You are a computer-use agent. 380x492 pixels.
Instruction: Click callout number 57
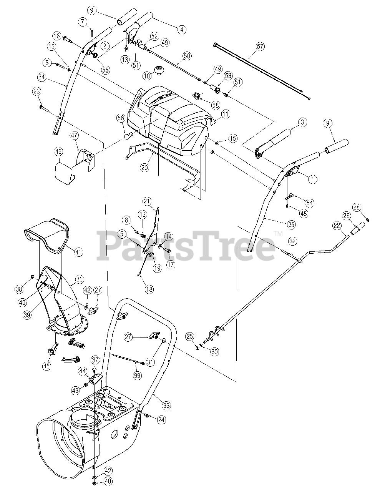click(x=260, y=47)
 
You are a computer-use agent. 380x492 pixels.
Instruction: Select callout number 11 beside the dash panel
click(x=225, y=113)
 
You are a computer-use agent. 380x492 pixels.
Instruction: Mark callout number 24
click(x=161, y=420)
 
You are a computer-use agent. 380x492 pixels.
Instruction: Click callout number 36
click(x=80, y=279)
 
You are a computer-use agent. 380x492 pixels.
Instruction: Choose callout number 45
click(x=46, y=366)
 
